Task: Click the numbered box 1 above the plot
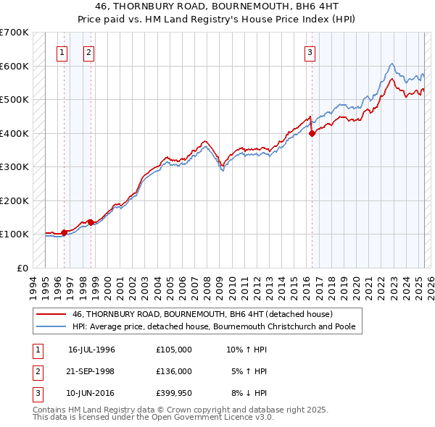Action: (62, 51)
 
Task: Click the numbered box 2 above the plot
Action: (88, 51)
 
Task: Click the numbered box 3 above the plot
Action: (310, 51)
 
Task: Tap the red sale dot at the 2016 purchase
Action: (312, 133)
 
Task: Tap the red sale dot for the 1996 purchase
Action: (64, 232)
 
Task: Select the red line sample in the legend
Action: (51, 314)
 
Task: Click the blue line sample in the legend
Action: (51, 326)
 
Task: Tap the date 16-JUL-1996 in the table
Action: (91, 349)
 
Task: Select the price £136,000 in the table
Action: (174, 371)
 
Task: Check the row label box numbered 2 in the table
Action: (37, 371)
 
